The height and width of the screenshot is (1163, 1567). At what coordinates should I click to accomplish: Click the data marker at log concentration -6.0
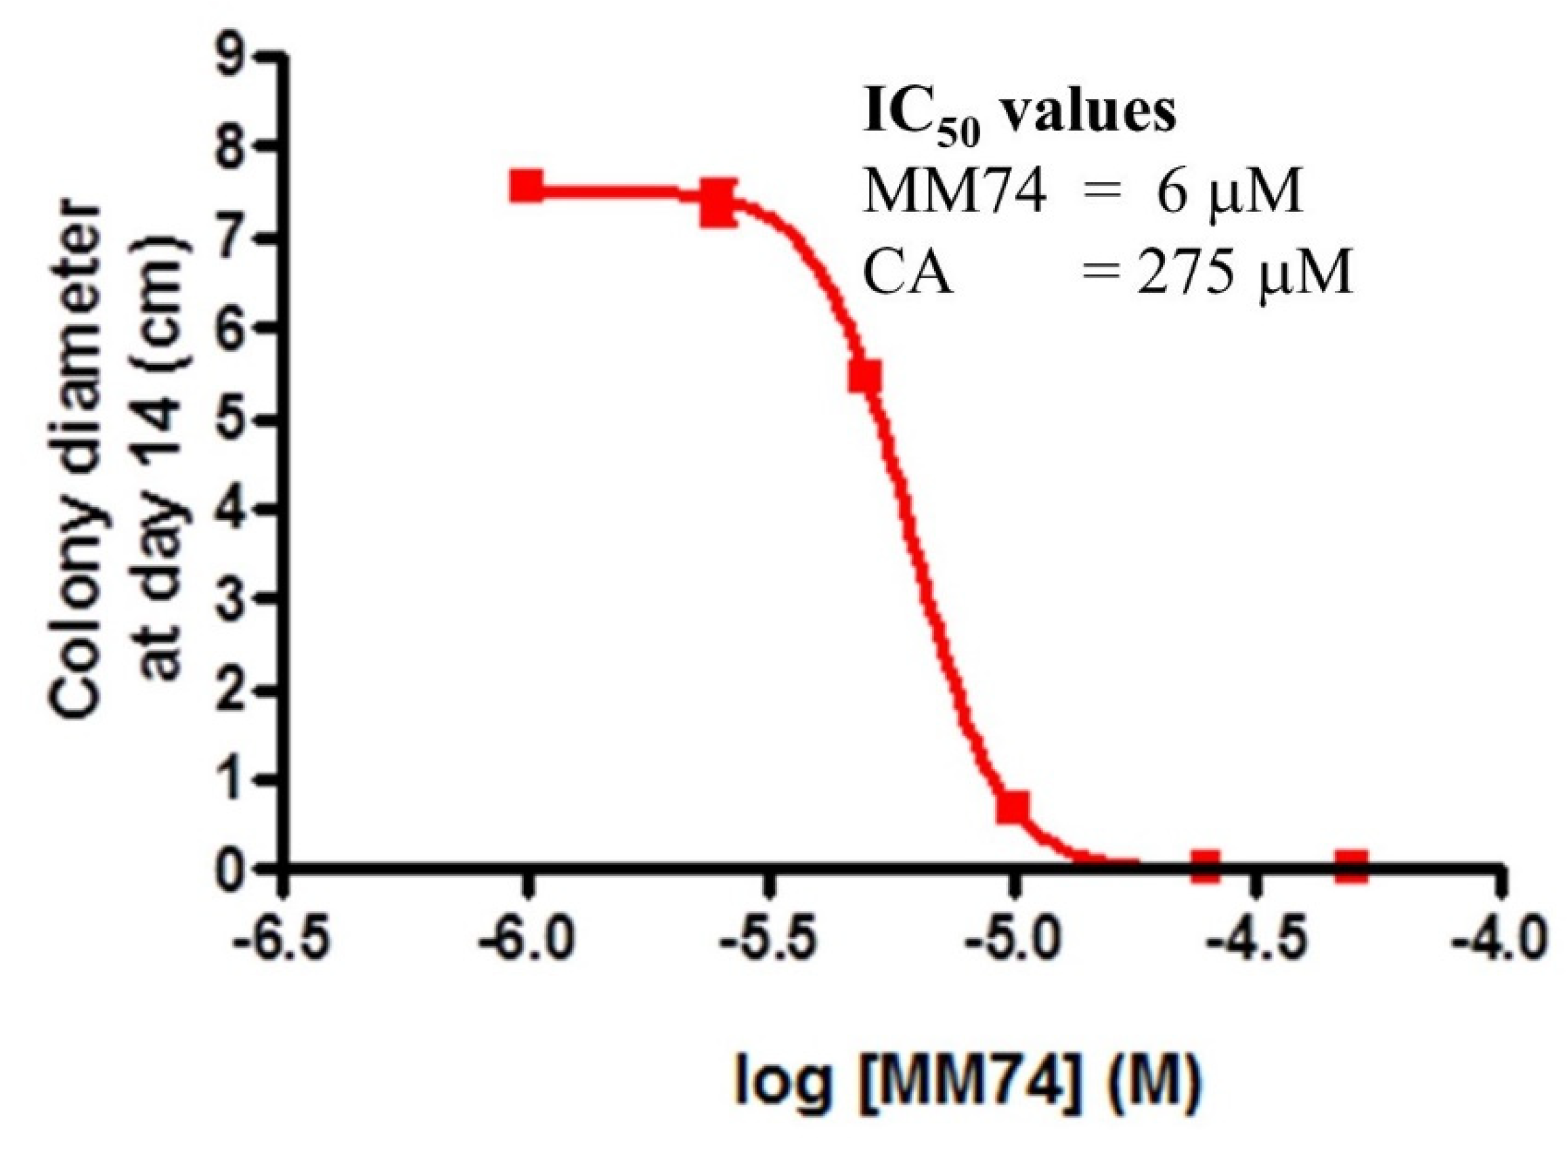[x=526, y=188]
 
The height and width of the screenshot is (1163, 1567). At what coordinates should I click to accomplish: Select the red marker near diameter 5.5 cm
[x=864, y=377]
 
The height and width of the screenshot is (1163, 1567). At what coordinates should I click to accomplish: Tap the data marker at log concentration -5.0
[x=1012, y=807]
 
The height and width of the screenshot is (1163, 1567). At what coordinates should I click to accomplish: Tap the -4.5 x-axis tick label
[x=1256, y=942]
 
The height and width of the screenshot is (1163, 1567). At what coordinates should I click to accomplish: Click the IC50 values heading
[x=1019, y=116]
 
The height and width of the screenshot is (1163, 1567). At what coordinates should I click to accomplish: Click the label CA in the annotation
[x=908, y=275]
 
